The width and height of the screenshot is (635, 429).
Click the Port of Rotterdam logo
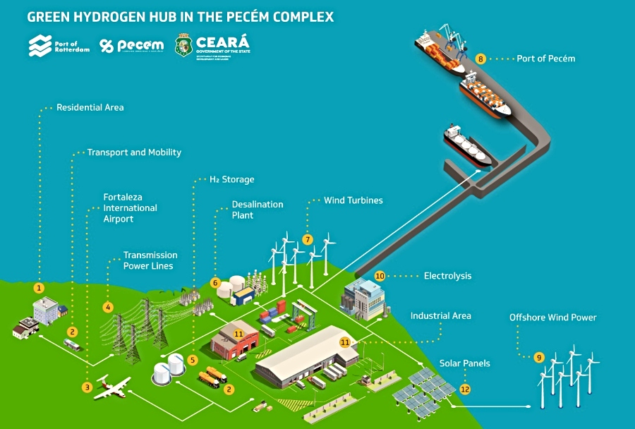(x=59, y=47)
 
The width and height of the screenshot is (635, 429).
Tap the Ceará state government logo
(x=212, y=45)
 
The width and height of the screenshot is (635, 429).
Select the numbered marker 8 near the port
(x=480, y=59)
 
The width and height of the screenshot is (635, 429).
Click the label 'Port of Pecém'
(x=545, y=59)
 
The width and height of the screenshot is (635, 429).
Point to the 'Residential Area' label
(x=90, y=107)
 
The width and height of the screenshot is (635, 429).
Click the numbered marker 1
(x=40, y=288)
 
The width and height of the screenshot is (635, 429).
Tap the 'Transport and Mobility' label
(x=133, y=152)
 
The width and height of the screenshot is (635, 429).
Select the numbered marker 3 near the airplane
(x=87, y=387)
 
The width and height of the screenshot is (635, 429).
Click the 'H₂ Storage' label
(x=231, y=179)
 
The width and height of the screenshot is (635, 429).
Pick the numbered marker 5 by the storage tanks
(x=193, y=360)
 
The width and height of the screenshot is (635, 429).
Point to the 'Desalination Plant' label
(x=257, y=210)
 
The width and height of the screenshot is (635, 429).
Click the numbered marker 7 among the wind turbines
(x=308, y=240)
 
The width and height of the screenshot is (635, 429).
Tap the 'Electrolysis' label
(x=447, y=276)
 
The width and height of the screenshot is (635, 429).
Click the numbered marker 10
(x=380, y=276)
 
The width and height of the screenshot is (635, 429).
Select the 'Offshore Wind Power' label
(x=552, y=318)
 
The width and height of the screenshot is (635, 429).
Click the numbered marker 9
(x=539, y=358)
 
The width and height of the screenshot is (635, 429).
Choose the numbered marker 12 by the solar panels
(x=464, y=388)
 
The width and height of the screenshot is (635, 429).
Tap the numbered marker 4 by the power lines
(x=108, y=307)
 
